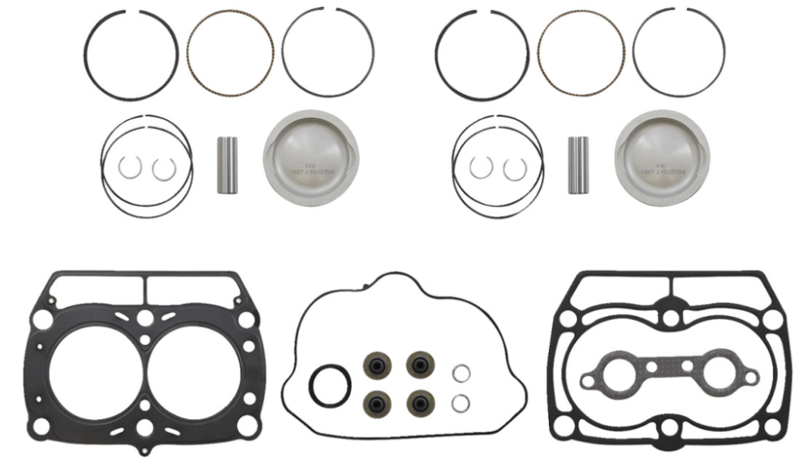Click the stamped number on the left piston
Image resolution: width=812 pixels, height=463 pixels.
[311, 171]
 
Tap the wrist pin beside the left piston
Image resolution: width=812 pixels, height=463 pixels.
[227, 165]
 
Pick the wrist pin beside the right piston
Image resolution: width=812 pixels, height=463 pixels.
[577, 165]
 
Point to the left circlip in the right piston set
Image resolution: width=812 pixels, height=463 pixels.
[481, 167]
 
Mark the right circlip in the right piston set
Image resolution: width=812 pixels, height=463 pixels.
[515, 167]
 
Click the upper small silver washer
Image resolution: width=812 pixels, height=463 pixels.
[460, 373]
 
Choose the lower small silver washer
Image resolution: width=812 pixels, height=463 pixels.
[460, 402]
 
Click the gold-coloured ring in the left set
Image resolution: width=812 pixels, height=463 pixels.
[231, 54]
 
